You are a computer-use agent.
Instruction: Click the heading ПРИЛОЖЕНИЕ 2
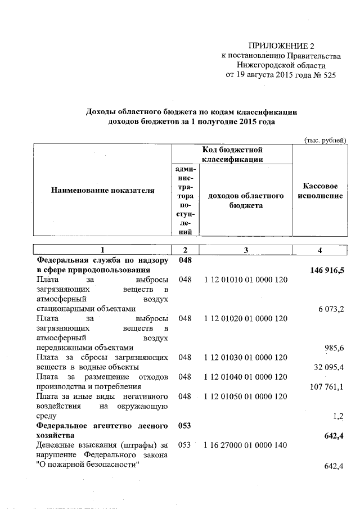coord(280,46)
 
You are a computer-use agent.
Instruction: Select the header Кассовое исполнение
coord(319,190)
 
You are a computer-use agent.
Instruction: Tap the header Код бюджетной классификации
coord(232,154)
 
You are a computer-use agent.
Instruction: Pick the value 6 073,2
coord(331,309)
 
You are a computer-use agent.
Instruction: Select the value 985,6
coord(334,347)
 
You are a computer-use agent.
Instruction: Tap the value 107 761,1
coord(327,386)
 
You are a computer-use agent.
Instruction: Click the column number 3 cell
coord(246,250)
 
